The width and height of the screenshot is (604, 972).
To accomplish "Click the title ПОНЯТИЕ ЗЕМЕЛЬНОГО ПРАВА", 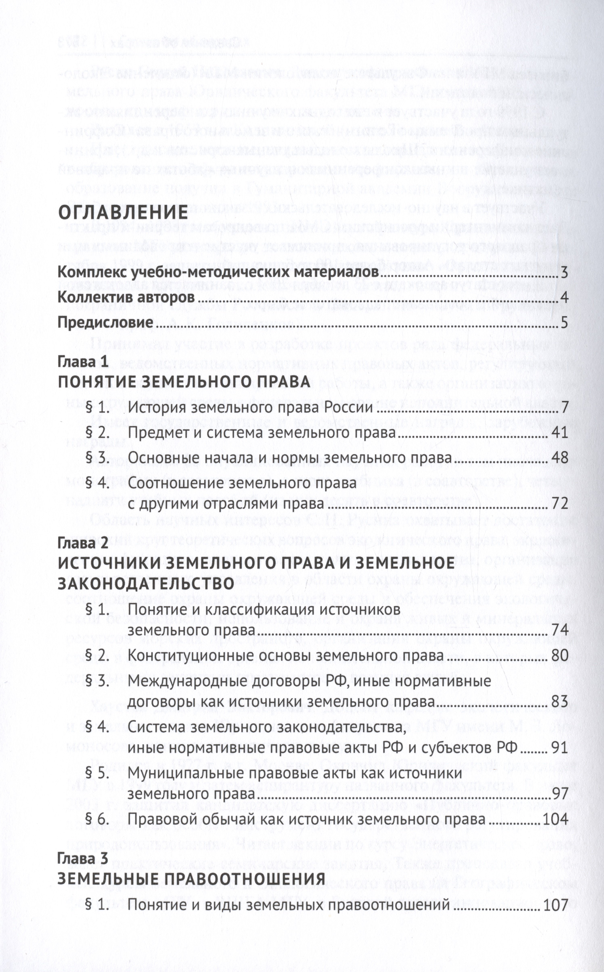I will pyautogui.click(x=184, y=382).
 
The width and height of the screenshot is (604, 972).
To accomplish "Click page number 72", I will pyautogui.click(x=560, y=504).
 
